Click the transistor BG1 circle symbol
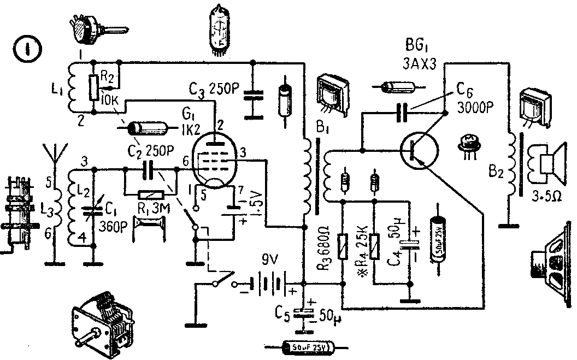(x=419, y=150)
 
